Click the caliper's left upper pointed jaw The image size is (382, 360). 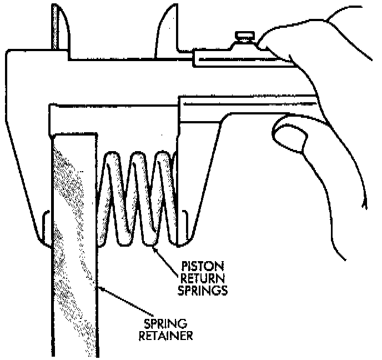click(x=60, y=28)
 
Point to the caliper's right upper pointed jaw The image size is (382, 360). click(x=166, y=28)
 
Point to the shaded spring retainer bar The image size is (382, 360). click(x=75, y=250)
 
